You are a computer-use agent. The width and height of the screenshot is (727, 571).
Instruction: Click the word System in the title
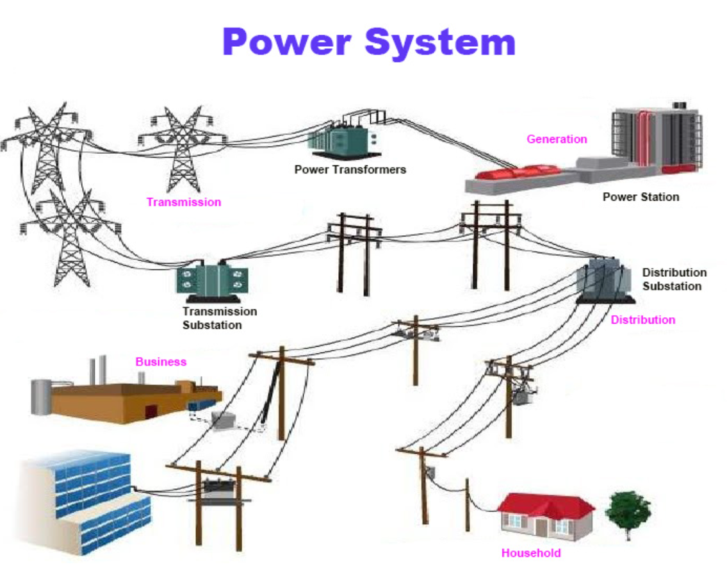tap(441, 42)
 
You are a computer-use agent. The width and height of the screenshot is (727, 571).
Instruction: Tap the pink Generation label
tap(557, 138)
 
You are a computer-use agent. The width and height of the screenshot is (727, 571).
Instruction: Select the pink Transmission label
tap(183, 202)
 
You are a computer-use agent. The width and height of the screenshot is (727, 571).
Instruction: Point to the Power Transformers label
tap(350, 170)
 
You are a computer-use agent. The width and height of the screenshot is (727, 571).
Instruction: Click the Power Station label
tap(641, 197)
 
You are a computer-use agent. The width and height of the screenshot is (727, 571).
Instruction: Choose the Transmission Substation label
tap(220, 318)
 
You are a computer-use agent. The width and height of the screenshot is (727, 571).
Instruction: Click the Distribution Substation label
tap(674, 279)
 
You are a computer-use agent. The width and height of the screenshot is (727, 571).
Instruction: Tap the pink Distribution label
tap(642, 320)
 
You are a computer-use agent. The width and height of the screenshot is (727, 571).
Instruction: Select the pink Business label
tap(161, 362)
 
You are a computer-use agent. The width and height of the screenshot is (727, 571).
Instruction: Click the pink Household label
tap(531, 553)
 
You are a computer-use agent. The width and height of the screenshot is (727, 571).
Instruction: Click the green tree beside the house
tap(628, 511)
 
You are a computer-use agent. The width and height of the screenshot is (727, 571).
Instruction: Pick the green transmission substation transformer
tap(212, 279)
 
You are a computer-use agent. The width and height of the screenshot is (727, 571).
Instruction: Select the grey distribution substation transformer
tap(603, 279)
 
